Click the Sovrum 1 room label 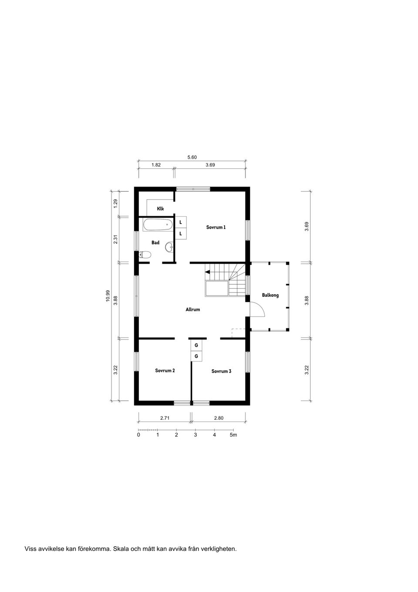216,227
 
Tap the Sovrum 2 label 165,371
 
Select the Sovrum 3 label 221,371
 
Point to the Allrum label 192,310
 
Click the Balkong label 270,295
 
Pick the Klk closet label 161,209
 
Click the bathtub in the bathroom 157,225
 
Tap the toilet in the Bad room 145,255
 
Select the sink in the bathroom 169,248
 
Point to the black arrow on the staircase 207,272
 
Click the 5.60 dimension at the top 192,157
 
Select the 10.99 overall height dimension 108,296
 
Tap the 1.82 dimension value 156,165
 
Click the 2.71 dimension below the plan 165,418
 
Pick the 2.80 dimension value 219,418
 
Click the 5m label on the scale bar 233,435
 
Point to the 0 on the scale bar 138,435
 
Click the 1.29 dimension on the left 115,203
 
